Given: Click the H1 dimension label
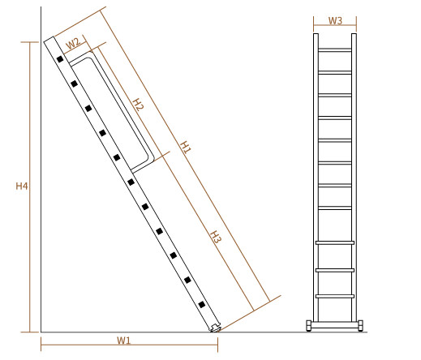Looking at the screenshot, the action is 186,147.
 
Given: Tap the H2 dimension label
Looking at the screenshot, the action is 138,105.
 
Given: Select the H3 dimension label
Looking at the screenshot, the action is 216,237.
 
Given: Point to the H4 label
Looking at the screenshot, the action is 22,186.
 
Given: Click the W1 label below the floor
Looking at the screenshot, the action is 123,341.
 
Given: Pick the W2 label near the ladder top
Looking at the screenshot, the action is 73,43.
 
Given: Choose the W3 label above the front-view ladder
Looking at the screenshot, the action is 335,20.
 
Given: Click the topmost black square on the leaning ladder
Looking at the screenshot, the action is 60,59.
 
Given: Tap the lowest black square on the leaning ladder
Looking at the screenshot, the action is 202,305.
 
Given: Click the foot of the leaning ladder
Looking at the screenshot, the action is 216,328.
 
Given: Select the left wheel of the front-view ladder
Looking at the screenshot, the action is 308,325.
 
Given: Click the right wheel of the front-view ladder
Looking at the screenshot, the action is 360,325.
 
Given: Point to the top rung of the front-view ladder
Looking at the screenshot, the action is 335,50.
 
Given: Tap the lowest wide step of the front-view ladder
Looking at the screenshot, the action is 335,296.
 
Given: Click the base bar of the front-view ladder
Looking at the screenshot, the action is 334,325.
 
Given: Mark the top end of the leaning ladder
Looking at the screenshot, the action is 49,40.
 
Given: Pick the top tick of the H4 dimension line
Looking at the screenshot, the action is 30,42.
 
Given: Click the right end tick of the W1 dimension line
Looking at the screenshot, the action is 217,345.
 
